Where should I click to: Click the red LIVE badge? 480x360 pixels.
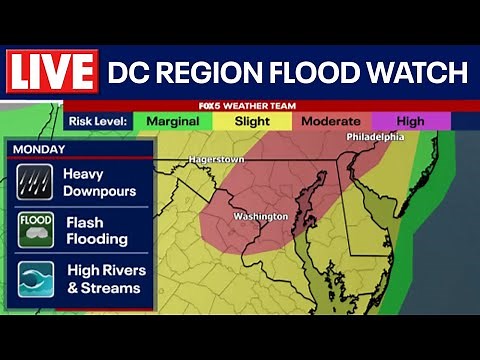(x=52, y=72)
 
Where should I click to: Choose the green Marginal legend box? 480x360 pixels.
(x=172, y=121)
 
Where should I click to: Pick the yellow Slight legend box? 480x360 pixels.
(x=252, y=121)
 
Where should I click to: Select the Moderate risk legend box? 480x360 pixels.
(x=331, y=121)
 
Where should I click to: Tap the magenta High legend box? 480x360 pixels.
(x=410, y=121)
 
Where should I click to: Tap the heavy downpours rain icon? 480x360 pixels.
(x=35, y=182)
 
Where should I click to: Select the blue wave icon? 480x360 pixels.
(x=35, y=279)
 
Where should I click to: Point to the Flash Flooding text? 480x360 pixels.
(x=96, y=231)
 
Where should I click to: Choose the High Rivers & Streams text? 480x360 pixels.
(x=106, y=279)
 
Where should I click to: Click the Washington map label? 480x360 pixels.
(x=260, y=216)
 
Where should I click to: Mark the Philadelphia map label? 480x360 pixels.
(x=375, y=137)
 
